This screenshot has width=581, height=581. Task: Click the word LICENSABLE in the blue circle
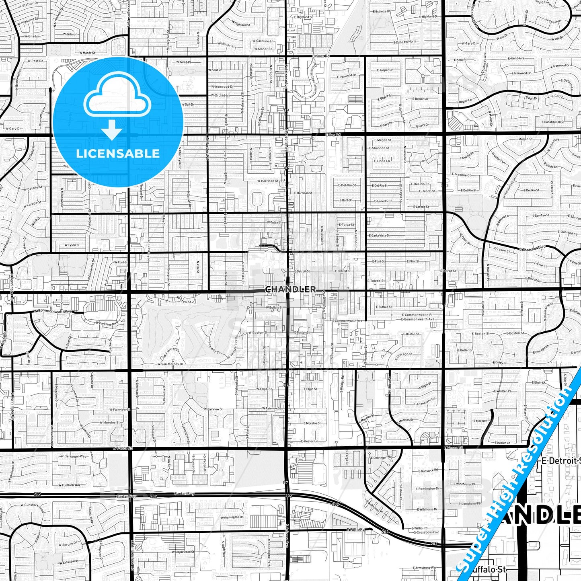coord(118,154)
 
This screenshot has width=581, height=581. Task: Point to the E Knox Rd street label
coord(320,56)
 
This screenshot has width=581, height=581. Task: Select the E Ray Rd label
coord(333,135)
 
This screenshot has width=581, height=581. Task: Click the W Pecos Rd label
coord(122,448)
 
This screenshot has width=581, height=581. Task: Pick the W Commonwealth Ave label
coord(53,311)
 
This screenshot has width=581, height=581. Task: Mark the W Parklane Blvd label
coord(107,324)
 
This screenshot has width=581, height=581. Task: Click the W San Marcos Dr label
coord(170,364)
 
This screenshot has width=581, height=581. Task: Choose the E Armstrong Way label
coord(425,568)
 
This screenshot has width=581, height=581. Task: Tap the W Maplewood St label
coord(183,552)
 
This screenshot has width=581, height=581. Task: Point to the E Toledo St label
coord(376,281)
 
